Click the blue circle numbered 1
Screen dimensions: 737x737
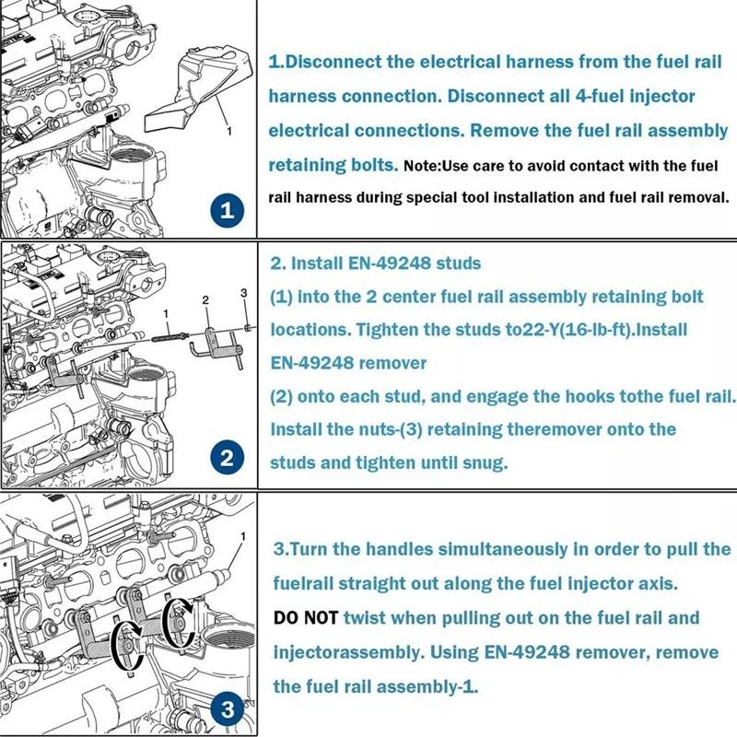(227, 209)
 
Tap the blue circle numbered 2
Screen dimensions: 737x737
(227, 457)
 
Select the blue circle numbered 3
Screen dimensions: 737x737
(228, 708)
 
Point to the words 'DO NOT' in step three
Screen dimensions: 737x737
(306, 617)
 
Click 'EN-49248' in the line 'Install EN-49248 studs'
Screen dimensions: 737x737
(389, 263)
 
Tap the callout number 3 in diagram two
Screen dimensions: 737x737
(243, 293)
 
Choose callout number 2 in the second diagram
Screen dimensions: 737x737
(205, 300)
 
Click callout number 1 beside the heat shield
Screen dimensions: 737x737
(228, 131)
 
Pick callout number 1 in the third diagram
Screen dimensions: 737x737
(243, 536)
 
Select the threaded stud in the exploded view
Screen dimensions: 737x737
(170, 336)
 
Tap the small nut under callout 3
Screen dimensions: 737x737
(247, 327)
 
